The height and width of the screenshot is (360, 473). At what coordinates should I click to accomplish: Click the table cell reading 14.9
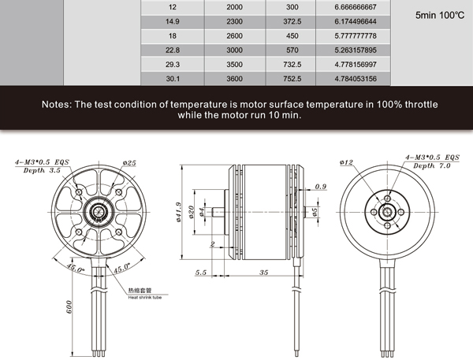point(172,21)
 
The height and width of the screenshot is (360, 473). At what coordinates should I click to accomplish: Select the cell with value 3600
point(234,79)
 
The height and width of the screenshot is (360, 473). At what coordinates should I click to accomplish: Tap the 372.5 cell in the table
point(292,21)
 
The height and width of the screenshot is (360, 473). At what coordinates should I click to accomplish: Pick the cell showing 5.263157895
point(356,50)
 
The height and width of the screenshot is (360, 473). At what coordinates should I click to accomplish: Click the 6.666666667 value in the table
point(356,7)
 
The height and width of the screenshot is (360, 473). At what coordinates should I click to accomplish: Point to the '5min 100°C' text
point(440,15)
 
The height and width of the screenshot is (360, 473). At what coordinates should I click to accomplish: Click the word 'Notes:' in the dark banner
point(57,104)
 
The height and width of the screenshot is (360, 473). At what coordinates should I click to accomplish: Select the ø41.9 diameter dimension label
point(179,212)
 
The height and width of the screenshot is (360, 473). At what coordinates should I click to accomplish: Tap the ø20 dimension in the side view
point(191,212)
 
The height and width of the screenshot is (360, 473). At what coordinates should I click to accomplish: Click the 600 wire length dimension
point(69,307)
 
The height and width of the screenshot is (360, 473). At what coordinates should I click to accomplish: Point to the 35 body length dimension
point(263,273)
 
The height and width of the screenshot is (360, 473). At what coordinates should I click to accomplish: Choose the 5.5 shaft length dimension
point(200,273)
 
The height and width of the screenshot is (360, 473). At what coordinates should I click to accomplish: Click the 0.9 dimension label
point(321,187)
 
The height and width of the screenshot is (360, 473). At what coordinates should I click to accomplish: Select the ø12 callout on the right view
point(346,162)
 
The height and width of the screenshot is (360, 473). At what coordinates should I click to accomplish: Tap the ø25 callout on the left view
point(129,163)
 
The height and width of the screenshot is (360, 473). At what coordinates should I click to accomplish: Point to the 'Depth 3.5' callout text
point(42,170)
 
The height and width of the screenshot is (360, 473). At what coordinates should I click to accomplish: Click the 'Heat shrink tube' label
point(145,298)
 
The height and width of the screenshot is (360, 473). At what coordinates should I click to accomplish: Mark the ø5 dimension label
point(315,212)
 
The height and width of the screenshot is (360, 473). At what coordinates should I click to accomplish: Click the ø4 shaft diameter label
point(202,212)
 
